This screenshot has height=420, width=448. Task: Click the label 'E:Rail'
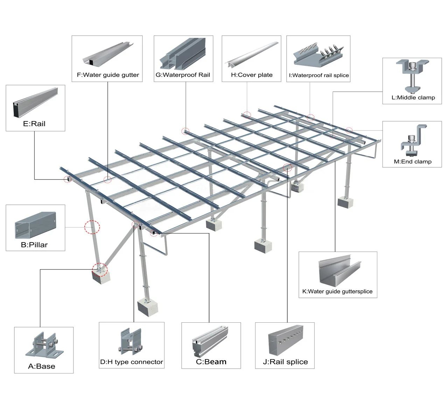34,124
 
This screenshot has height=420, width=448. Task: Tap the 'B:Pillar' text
34,245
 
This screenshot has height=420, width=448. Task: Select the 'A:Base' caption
42,366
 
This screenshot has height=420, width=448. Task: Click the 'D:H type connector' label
132,362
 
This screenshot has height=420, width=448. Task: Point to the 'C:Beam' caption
211,362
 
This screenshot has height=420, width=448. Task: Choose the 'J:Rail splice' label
285,362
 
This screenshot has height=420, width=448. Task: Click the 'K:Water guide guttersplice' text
337,291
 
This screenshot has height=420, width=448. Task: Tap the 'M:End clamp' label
413,161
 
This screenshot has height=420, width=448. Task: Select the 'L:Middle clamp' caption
413,97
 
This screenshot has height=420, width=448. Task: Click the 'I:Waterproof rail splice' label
319,75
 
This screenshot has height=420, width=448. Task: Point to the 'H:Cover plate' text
252,75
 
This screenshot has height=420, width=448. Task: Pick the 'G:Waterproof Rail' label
183,75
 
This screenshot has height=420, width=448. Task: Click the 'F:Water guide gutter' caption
108,75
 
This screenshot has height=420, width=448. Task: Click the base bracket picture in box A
45,345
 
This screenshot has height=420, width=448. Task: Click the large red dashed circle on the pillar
92,227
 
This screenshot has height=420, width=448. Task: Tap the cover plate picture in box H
252,54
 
